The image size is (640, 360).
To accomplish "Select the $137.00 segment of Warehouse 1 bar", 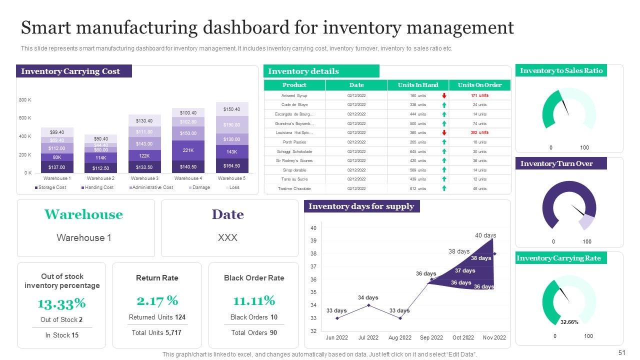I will tap(57, 167).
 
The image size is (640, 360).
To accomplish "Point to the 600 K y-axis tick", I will tap(25, 118).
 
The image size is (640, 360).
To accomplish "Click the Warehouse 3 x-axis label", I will tap(144, 178).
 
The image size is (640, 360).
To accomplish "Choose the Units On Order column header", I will tap(479, 85).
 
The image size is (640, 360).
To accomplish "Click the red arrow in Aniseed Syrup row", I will tap(444, 95).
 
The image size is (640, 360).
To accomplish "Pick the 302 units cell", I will tap(479, 133).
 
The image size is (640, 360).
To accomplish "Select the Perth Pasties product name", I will tap(294, 142).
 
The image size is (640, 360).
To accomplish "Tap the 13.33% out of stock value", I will tap(61, 303).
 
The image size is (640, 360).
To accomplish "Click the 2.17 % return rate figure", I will tap(157, 300).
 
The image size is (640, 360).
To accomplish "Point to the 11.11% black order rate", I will tap(254, 300).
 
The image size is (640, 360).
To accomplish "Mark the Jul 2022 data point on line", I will tap(368, 305).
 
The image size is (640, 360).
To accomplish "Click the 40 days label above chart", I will tap(485, 235).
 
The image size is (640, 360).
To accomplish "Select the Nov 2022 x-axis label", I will tap(494, 337).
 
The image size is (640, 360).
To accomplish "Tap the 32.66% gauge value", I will tap(569, 322).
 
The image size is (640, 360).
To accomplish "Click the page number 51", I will tap(622, 353).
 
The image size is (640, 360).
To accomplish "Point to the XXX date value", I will tap(227, 238).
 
